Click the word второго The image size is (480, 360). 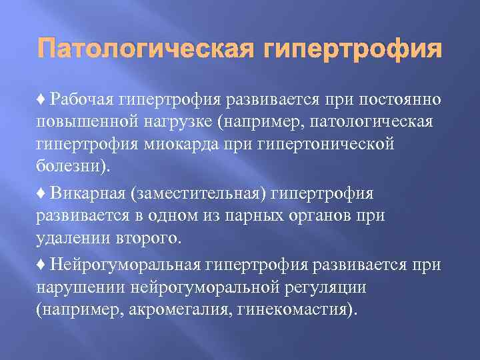point(145,237)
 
